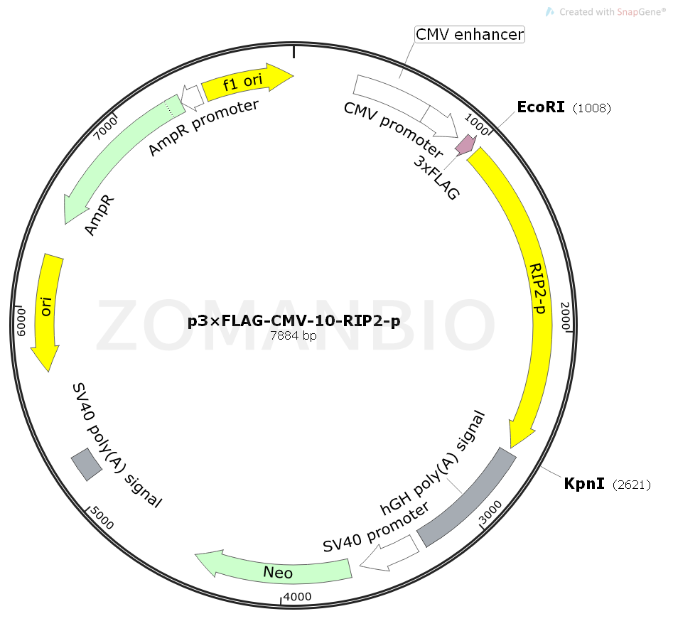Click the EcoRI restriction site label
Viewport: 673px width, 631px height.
[x=541, y=107]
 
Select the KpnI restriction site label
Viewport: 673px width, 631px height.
[x=584, y=484]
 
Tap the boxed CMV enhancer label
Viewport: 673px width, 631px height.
[x=470, y=34]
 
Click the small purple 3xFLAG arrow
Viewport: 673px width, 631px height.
[x=465, y=144]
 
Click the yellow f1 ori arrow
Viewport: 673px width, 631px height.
[x=245, y=83]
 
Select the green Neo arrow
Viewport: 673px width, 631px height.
[x=277, y=568]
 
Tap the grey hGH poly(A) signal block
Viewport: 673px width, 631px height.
[x=465, y=497]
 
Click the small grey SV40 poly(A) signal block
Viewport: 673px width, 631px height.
[x=86, y=464]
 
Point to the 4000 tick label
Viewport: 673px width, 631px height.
[x=297, y=597]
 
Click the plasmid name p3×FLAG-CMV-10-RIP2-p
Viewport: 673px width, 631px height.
[x=294, y=321]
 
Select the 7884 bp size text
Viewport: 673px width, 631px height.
[x=294, y=336]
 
